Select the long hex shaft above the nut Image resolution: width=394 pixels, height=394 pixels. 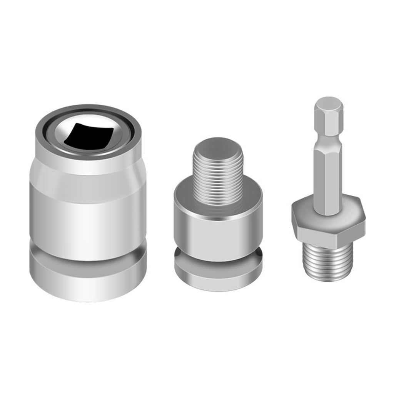tap(328, 177)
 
